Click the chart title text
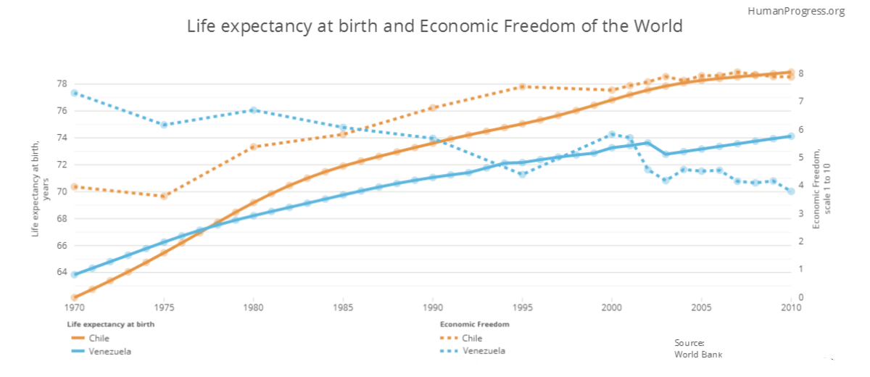point(435,27)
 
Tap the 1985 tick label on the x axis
point(343,307)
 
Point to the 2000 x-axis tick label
point(612,307)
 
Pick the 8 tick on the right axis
point(801,73)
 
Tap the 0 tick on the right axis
point(801,297)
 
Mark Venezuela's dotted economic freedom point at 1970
point(74,93)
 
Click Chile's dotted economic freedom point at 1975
point(164,196)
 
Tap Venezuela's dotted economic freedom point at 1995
point(522,174)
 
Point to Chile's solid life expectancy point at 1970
point(74,297)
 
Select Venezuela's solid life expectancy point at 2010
point(791,136)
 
